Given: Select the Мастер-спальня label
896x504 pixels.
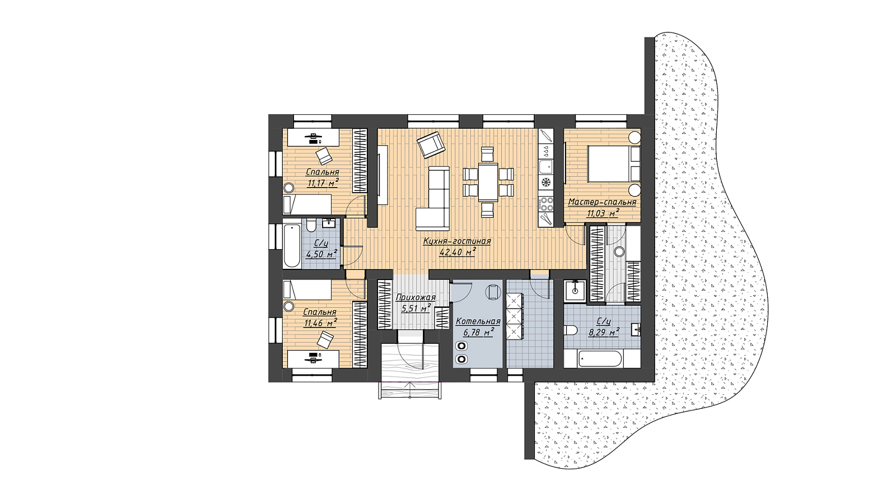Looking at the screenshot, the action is click(x=602, y=202).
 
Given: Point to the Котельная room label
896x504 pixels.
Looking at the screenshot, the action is click(x=478, y=321).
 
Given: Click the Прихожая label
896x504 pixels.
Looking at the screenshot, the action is click(x=415, y=297).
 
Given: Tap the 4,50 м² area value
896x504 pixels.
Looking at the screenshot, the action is click(x=321, y=254).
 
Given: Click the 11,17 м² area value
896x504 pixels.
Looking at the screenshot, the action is click(x=323, y=183).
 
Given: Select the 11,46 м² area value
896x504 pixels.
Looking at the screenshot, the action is click(x=320, y=323).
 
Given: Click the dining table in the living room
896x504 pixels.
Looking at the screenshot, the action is click(x=488, y=182).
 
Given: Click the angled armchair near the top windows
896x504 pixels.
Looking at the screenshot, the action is click(x=431, y=146).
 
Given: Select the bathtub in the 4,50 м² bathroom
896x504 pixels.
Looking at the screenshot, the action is click(x=291, y=246).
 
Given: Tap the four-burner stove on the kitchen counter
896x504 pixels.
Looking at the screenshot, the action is click(x=545, y=203).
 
